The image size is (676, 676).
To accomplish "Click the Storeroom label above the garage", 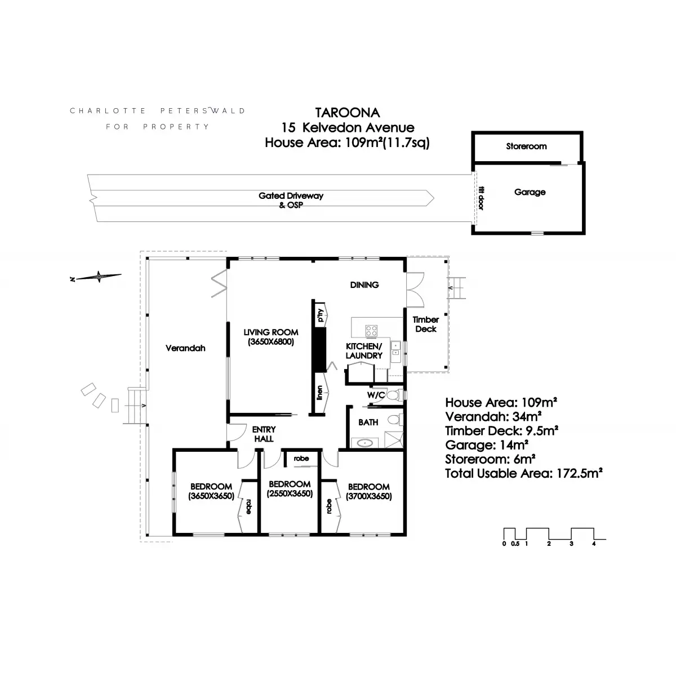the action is pos(526,146).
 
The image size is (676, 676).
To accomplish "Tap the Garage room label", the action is pos(530,192).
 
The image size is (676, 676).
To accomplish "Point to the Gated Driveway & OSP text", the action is pos(291,200).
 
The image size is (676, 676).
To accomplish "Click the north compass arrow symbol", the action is pos(99,277).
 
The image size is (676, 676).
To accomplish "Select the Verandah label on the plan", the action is pos(185,348).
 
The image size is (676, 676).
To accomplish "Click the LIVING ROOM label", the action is pos(270,337).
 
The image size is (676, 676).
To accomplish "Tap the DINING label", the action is pos(364,285).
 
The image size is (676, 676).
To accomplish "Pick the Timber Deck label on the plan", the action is pos(426,324).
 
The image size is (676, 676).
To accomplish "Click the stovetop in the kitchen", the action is pos(371,330).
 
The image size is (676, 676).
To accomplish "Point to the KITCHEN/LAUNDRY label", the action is pos(364,350).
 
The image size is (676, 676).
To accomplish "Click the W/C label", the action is pos(376,395).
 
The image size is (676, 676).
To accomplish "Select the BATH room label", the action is pos(368,422).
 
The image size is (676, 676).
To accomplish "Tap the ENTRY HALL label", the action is pos(264,434).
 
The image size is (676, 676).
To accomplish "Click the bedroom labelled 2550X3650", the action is pos(290,488).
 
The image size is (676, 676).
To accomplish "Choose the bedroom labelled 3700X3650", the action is pos(368,491).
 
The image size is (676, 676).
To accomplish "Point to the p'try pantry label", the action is pos(321,315).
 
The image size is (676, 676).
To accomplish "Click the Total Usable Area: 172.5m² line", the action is pos(524,473).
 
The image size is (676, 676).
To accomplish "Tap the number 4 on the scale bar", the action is pos(594,544).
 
